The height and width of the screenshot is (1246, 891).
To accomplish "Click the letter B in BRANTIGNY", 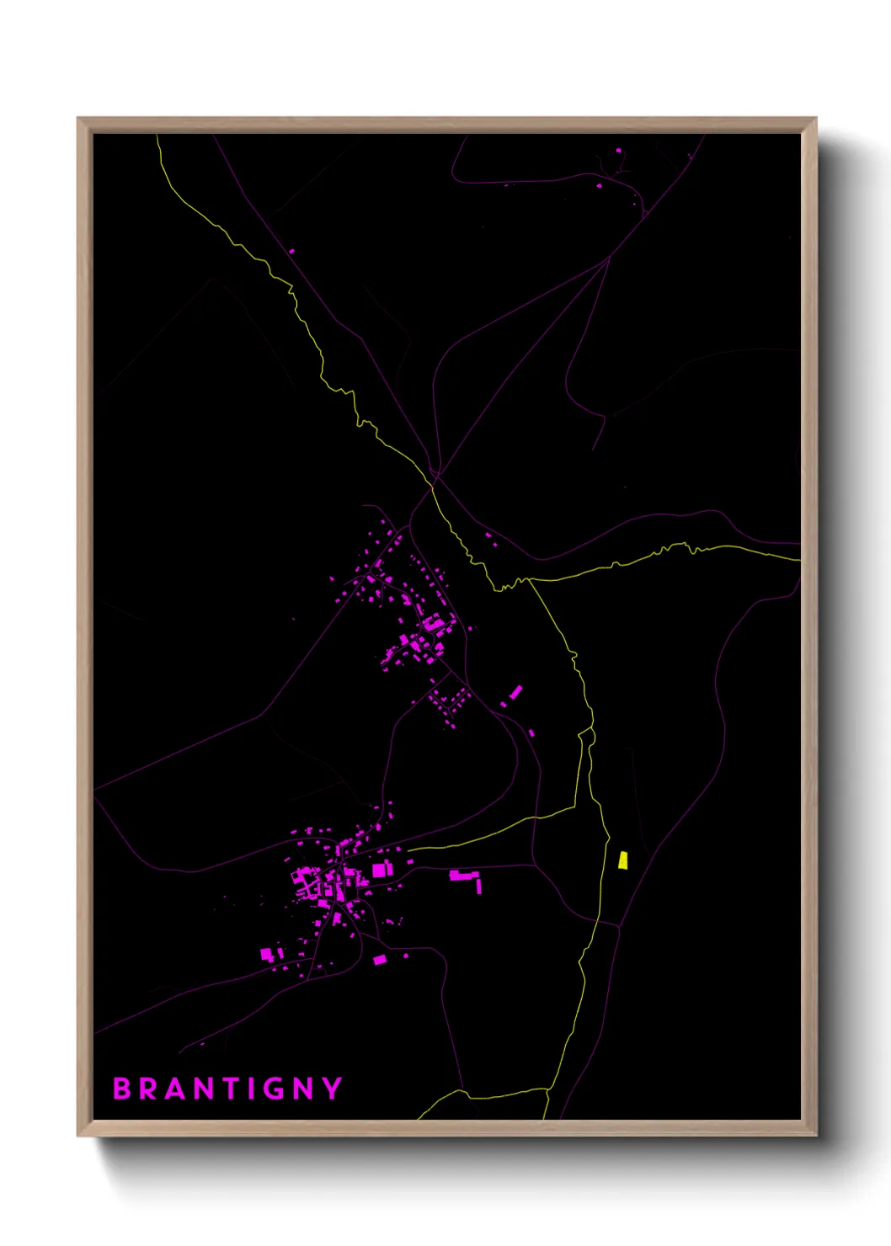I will click(x=123, y=1089).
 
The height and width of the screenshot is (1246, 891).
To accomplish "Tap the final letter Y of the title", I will click(x=333, y=1089).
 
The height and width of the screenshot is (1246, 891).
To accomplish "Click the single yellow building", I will click(x=622, y=860).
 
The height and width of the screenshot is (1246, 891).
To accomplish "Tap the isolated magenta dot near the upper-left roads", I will click(x=292, y=251).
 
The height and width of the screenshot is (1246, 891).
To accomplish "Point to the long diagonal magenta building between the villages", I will click(x=515, y=692).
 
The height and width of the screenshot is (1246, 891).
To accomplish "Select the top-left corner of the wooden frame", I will click(x=79, y=120).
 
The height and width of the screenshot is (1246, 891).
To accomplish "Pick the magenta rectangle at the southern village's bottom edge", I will click(x=380, y=960).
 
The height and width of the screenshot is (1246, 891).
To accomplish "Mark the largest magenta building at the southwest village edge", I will click(x=267, y=954).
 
